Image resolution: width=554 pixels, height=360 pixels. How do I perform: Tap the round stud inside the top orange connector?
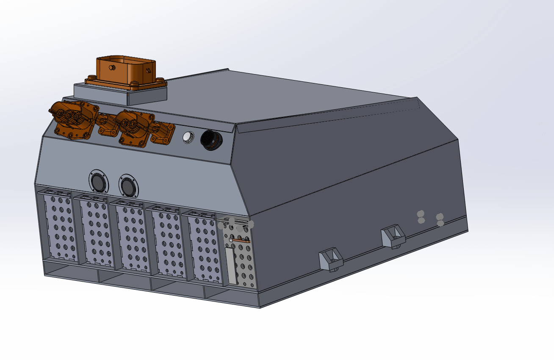pyautogui.click(x=112, y=68)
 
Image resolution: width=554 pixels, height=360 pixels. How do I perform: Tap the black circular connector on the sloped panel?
pyautogui.click(x=210, y=139)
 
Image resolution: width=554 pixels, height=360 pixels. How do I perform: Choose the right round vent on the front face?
pyautogui.click(x=128, y=186)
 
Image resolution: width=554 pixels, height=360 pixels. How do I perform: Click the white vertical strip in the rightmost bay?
pyautogui.click(x=231, y=265)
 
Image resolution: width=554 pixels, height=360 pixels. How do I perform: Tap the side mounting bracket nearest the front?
pyautogui.click(x=331, y=259)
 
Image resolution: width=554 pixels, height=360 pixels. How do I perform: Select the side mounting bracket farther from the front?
pyautogui.click(x=393, y=236)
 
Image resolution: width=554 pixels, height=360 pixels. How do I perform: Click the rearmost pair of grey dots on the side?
pyautogui.click(x=440, y=219)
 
